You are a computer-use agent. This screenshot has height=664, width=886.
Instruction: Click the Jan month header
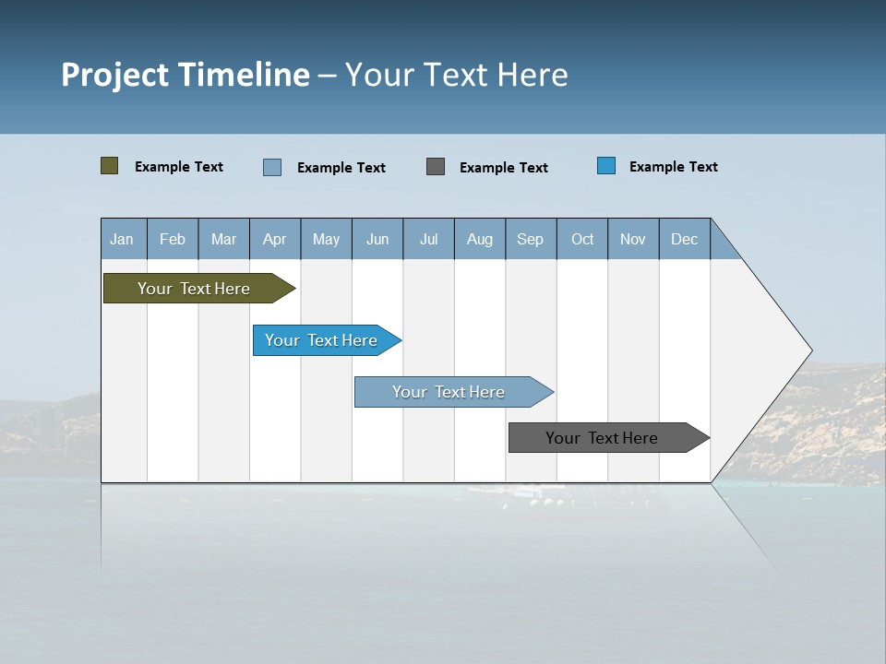(x=122, y=239)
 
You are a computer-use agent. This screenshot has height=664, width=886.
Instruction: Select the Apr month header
(x=274, y=239)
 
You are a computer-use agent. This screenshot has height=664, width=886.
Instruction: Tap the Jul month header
(x=428, y=239)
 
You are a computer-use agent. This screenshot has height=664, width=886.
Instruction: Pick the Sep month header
(x=530, y=239)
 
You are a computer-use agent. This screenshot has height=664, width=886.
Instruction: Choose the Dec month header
(x=684, y=239)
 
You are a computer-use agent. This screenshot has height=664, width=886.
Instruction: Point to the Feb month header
(x=173, y=239)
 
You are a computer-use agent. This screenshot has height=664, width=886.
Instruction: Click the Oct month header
(x=582, y=239)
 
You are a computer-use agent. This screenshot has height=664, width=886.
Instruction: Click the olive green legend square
(x=109, y=166)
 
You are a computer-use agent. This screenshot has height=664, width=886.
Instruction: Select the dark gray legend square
(x=436, y=166)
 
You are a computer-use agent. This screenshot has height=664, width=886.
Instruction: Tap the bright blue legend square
(x=606, y=166)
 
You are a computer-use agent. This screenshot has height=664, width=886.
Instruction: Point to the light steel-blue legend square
(x=272, y=167)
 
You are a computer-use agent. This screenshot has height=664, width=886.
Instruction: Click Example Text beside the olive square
(x=179, y=167)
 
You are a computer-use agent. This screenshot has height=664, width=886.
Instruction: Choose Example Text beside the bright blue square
(x=674, y=167)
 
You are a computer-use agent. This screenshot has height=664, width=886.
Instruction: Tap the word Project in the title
(x=115, y=75)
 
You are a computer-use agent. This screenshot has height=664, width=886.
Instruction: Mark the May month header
(x=326, y=239)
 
